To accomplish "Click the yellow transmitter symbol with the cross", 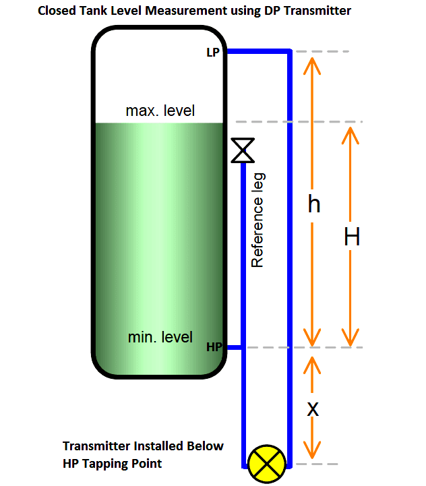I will (266, 464).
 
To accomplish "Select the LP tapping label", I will (213, 53).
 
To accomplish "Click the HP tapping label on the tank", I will (214, 347).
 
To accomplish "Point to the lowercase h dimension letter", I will (313, 204).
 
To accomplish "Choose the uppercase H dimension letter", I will (352, 237).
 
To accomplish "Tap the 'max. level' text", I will (160, 111).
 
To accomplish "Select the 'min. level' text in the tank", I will (160, 336).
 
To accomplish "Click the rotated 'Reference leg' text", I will (257, 220).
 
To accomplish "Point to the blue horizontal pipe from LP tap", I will (257, 51).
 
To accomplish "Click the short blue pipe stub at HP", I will (233, 348).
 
